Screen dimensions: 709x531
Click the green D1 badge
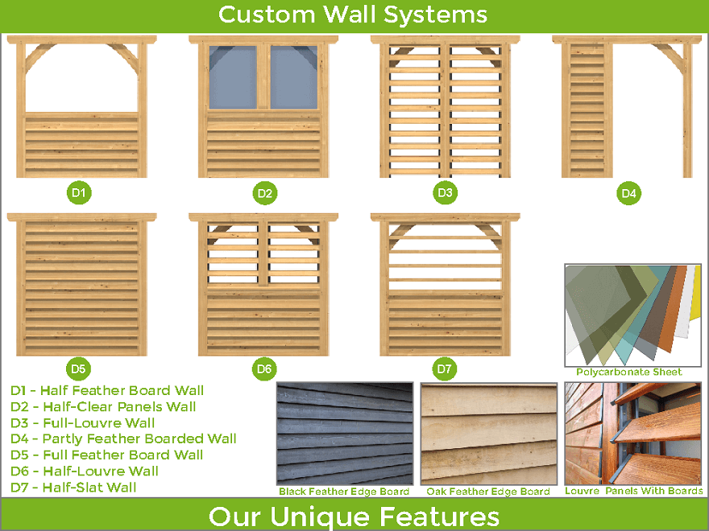tap(79, 193)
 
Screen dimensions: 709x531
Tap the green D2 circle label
tap(264, 193)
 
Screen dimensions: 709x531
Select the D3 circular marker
tap(445, 193)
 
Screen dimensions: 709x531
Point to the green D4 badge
tap(628, 193)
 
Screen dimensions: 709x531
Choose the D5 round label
tap(78, 368)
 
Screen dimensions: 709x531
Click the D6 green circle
tap(264, 368)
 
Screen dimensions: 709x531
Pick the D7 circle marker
tap(444, 368)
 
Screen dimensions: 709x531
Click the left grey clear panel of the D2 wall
tap(233, 77)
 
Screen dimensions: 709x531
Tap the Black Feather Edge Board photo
tap(345, 434)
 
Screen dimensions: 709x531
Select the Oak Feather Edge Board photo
tap(489, 434)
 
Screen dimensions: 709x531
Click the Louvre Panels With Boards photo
tap(633, 434)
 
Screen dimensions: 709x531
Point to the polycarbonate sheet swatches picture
tap(633, 315)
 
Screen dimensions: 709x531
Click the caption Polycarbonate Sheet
tap(628, 372)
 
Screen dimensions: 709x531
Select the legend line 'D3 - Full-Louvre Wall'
tap(83, 423)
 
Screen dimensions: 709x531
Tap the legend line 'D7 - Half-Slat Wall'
tap(73, 488)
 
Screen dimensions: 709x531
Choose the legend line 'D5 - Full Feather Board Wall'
tap(106, 455)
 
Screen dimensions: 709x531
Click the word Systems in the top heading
tap(435, 15)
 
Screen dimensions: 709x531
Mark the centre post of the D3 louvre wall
tap(445, 111)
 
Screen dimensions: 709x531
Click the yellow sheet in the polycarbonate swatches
tap(695, 293)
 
